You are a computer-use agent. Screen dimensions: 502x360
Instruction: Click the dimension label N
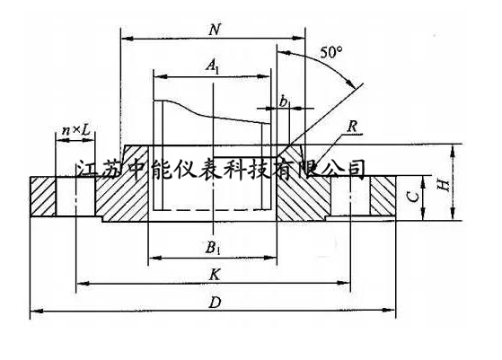tap(215, 30)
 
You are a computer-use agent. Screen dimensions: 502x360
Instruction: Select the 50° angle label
tap(331, 52)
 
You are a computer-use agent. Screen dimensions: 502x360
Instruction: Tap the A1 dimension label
tap(213, 66)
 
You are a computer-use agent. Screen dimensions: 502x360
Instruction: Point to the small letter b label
tap(284, 101)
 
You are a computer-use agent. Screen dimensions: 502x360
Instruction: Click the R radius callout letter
tap(351, 127)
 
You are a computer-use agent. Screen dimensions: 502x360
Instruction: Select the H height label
tap(444, 184)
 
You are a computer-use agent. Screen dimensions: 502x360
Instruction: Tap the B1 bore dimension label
tap(213, 248)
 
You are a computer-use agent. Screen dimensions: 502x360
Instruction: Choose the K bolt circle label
tap(215, 275)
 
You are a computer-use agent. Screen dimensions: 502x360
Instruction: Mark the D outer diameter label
tap(215, 302)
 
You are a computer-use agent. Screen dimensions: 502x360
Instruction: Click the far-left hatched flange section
tap(43, 197)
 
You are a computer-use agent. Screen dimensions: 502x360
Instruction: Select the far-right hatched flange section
tap(383, 196)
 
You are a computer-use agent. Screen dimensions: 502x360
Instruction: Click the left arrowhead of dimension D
tap(36, 311)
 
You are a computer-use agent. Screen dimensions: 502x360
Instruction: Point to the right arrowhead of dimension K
tap(344, 283)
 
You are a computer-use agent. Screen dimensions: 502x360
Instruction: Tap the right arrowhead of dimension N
tap(299, 39)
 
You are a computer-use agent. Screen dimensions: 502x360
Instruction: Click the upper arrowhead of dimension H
tap(452, 151)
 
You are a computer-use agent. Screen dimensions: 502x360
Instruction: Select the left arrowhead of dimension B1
tap(155, 258)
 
